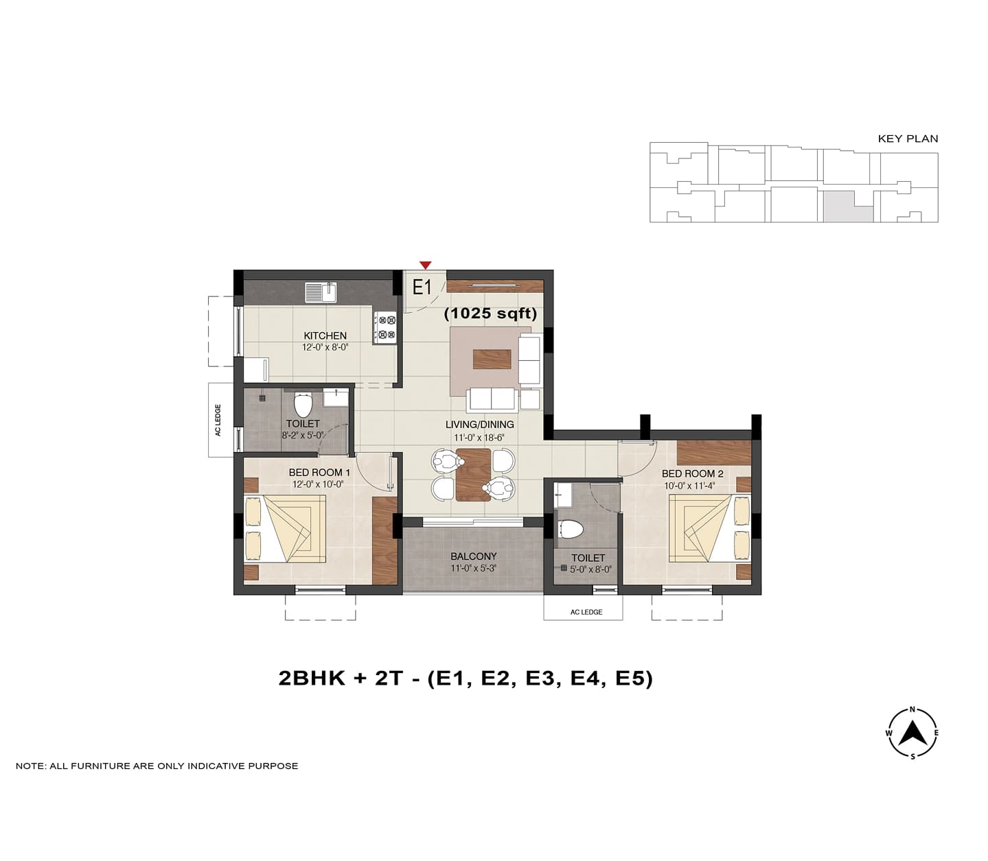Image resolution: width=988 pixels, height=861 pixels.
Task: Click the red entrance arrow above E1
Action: coord(425,265)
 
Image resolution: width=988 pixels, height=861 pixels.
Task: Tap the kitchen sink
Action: coord(321,292)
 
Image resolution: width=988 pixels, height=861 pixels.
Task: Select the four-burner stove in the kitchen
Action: coord(385,327)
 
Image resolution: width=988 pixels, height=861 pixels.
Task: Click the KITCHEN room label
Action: coord(325,335)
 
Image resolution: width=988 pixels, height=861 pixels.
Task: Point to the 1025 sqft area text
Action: coord(491,314)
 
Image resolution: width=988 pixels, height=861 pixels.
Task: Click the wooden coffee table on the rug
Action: coord(492,359)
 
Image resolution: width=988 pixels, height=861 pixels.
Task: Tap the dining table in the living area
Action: coord(473,474)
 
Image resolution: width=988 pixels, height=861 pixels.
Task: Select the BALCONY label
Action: coord(473,556)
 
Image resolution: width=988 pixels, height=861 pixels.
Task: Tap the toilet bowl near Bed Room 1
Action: coord(303,405)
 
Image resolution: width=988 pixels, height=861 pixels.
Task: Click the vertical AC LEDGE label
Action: coord(218,420)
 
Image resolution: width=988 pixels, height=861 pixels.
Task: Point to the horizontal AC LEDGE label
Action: coord(586,612)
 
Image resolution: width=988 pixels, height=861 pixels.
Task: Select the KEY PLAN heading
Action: coord(908,139)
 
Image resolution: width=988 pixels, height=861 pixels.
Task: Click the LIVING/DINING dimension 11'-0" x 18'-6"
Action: coord(479,438)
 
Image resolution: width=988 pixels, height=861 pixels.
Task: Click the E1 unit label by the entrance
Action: coord(422,287)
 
